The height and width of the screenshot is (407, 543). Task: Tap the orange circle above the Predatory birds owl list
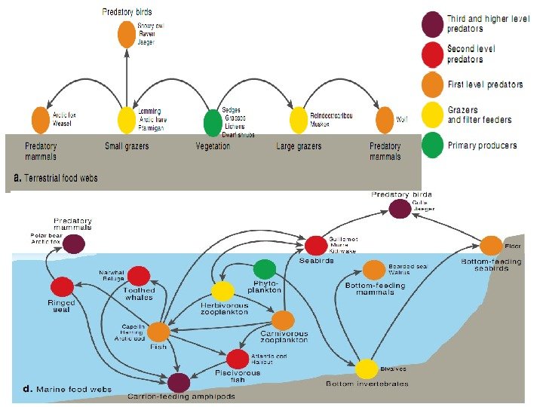(127, 35)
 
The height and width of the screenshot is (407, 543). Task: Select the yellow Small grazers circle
(127, 121)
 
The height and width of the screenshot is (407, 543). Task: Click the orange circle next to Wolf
(385, 120)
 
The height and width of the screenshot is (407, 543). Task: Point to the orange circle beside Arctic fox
(41, 121)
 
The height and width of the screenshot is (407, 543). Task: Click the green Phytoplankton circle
(265, 269)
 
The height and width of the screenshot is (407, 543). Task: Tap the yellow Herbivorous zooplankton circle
(222, 292)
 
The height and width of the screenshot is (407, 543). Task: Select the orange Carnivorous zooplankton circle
(283, 320)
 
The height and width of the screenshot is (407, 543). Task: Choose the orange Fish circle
(158, 332)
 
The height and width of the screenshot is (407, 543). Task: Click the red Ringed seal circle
(62, 286)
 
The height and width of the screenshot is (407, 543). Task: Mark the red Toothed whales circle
(139, 276)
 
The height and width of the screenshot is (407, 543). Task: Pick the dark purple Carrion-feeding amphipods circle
(179, 382)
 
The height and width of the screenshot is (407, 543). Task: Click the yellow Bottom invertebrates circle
(367, 369)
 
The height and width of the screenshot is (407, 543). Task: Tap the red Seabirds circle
(316, 245)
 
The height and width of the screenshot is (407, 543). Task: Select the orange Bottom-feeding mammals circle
(374, 270)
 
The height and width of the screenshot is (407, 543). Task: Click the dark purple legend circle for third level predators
(433, 24)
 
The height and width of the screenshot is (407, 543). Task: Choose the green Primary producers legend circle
(433, 145)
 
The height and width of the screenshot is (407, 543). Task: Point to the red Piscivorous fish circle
(238, 359)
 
